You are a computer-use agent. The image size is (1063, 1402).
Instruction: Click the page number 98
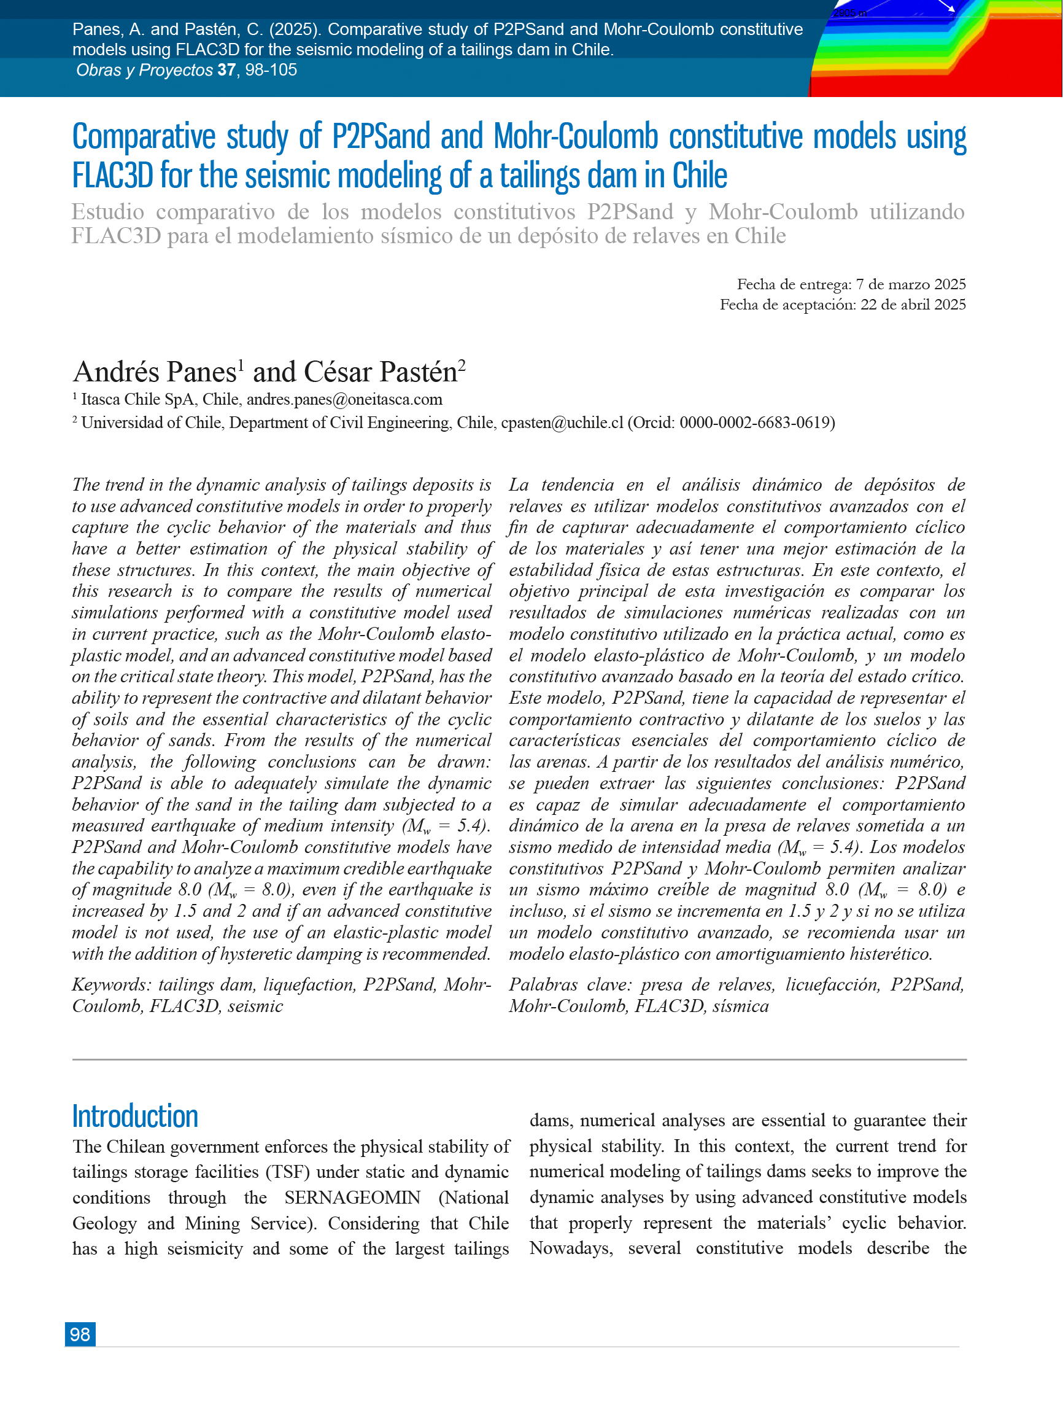[x=80, y=1334]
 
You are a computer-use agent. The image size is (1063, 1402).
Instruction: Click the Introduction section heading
[x=135, y=1116]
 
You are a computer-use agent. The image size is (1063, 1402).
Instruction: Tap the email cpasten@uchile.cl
[x=562, y=423]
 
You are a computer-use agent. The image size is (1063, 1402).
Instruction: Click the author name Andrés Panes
[x=155, y=372]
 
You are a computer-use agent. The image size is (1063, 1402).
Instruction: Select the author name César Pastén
[x=381, y=372]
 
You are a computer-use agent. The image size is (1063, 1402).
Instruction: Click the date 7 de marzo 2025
[x=910, y=284]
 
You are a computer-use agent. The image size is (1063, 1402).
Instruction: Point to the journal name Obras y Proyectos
[x=144, y=71]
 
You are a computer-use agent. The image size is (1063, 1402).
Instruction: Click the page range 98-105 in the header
[x=271, y=71]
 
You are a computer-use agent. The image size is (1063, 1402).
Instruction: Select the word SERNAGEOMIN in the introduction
[x=352, y=1198]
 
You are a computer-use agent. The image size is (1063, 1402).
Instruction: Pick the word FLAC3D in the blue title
[x=113, y=176]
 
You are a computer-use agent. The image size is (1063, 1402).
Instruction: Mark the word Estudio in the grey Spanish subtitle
[x=107, y=212]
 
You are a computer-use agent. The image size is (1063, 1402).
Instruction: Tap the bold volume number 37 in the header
[x=226, y=71]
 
